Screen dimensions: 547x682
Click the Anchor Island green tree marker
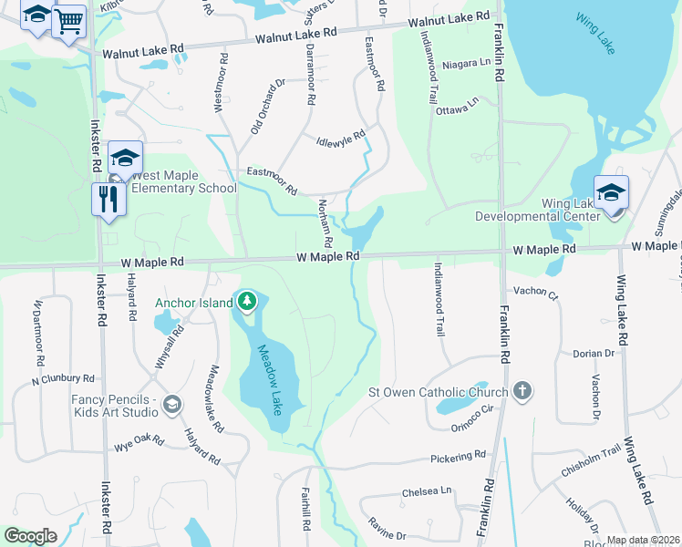pos(245,301)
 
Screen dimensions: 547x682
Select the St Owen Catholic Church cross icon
pos(522,392)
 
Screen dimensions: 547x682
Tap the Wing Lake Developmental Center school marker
pos(611,191)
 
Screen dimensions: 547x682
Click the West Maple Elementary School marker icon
pos(125,158)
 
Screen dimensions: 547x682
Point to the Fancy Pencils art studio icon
pos(172,403)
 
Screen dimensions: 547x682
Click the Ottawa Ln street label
pos(458,108)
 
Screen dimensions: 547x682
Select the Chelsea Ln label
pos(427,491)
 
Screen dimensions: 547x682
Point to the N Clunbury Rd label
pos(63,379)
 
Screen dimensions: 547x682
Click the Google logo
pos(30,536)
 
